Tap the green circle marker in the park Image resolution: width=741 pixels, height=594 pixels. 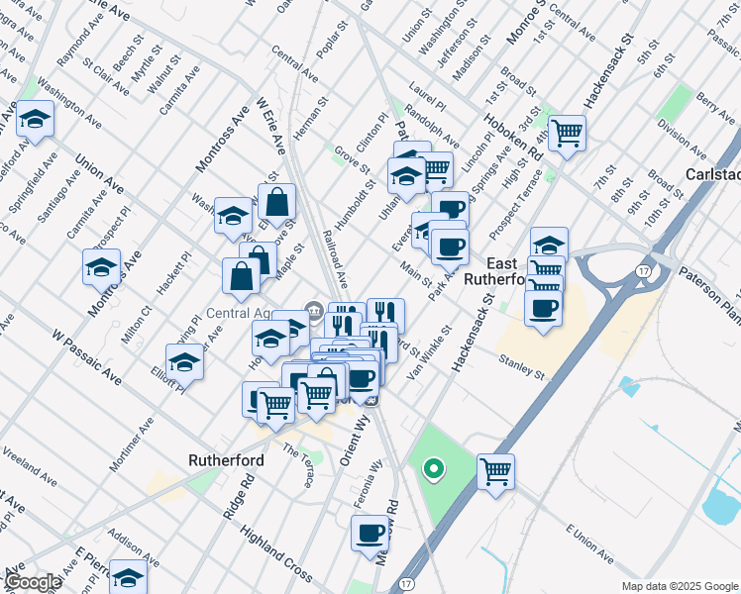[x=432, y=468]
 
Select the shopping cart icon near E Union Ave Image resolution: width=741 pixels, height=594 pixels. [x=495, y=470]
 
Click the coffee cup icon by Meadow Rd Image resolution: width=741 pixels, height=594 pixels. [x=370, y=533]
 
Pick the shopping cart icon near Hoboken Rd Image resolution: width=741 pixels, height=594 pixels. [x=567, y=132]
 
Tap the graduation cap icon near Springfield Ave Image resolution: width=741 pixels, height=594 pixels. [x=35, y=120]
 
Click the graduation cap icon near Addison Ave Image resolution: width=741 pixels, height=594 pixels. [x=128, y=576]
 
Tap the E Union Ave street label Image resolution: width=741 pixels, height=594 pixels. [x=589, y=547]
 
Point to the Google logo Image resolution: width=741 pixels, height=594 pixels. [x=33, y=583]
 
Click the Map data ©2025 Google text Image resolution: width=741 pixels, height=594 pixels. [x=680, y=586]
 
